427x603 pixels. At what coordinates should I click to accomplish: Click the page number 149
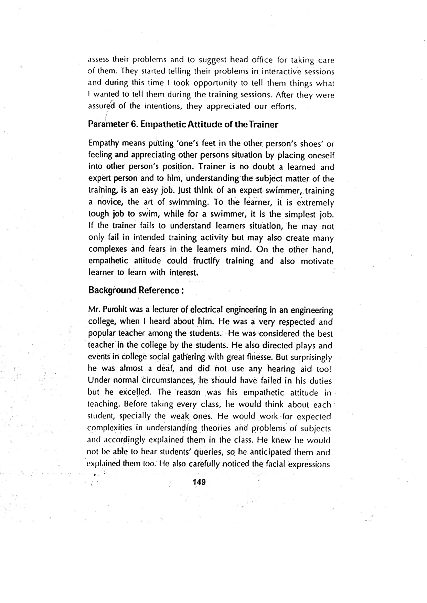coord(199,482)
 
